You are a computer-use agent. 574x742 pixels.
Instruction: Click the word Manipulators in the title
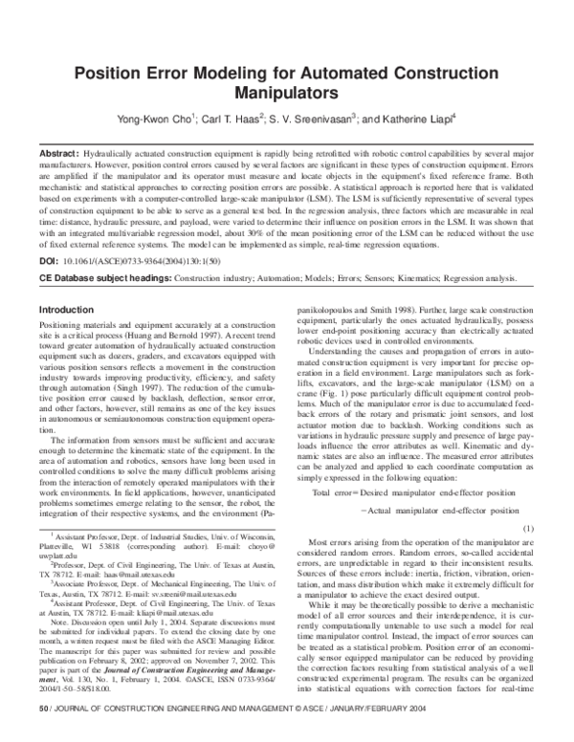coord(287,95)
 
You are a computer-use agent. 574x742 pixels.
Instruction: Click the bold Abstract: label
coord(59,153)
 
